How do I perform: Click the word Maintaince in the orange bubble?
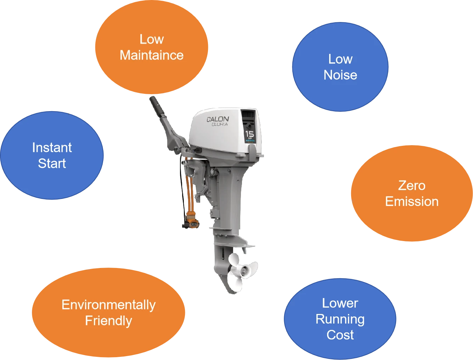pyautogui.click(x=152, y=55)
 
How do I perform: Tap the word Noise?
pyautogui.click(x=340, y=75)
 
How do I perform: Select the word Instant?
pyautogui.click(x=52, y=148)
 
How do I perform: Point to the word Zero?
pyautogui.click(x=412, y=185)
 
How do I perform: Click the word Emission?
pyautogui.click(x=412, y=201)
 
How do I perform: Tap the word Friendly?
pyautogui.click(x=109, y=321)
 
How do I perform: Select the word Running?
pyautogui.click(x=340, y=319)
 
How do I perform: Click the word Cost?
pyautogui.click(x=340, y=335)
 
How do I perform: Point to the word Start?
pyautogui.click(x=52, y=164)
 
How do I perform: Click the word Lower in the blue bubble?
pyautogui.click(x=340, y=303)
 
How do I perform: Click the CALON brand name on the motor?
pyautogui.click(x=218, y=119)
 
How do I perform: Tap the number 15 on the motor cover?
pyautogui.click(x=249, y=134)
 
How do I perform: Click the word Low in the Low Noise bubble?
pyautogui.click(x=340, y=59)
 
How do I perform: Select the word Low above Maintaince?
pyautogui.click(x=152, y=39)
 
